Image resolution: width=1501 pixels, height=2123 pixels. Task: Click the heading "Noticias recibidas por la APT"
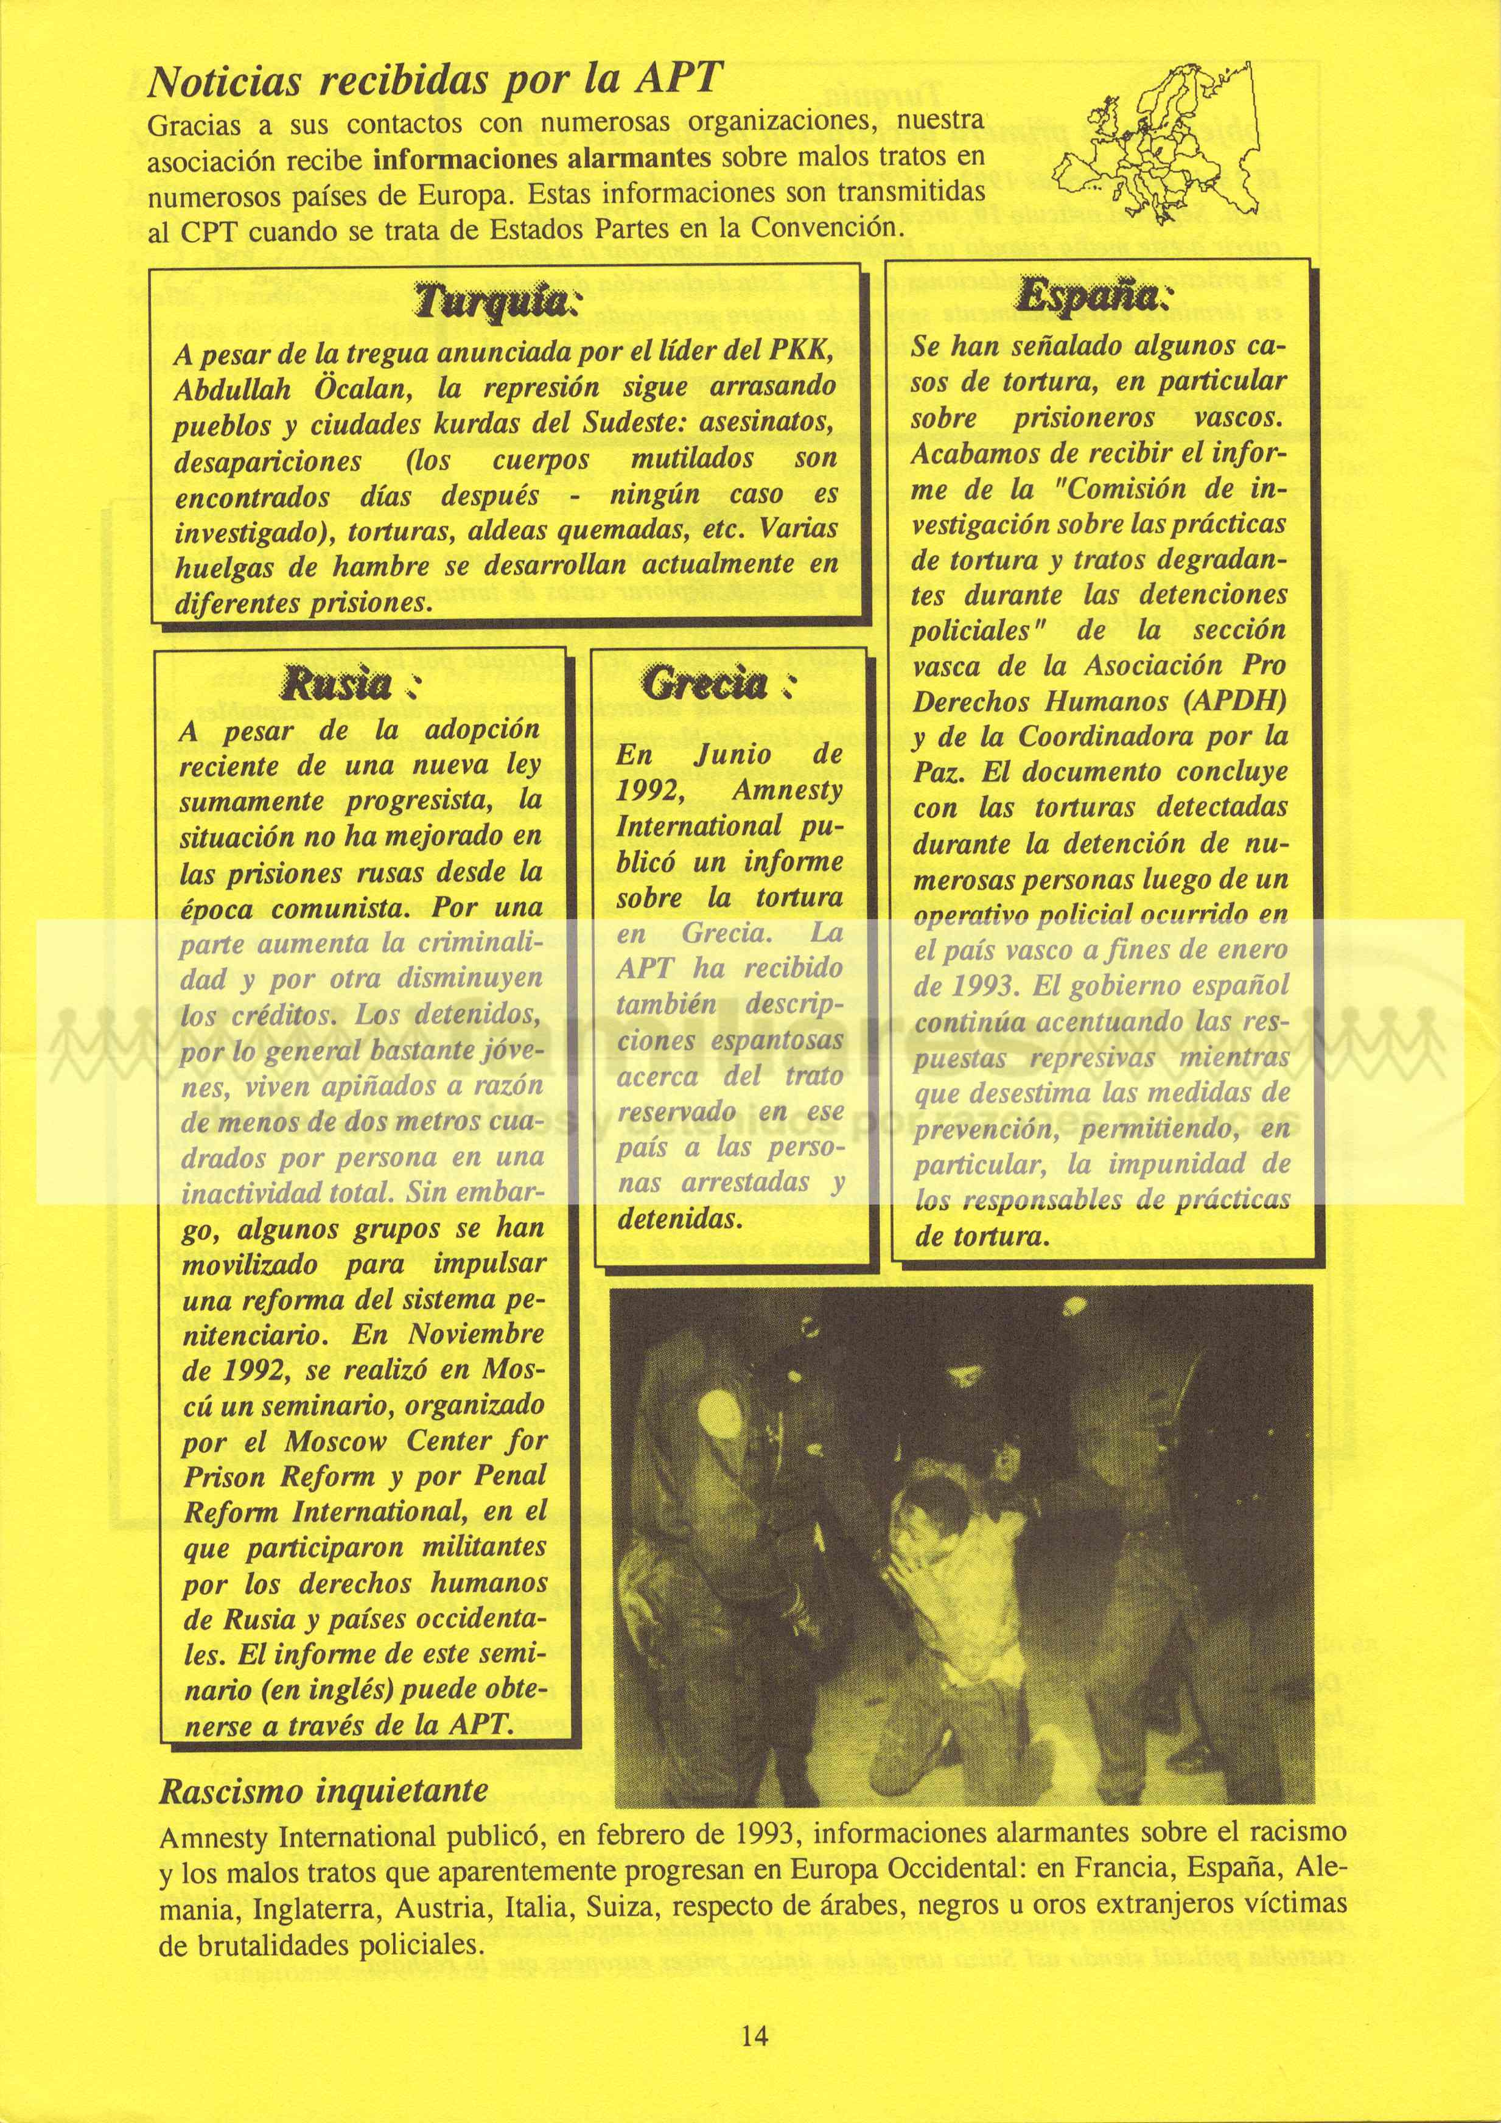point(432,82)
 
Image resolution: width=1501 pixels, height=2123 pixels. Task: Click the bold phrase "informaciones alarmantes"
point(541,158)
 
